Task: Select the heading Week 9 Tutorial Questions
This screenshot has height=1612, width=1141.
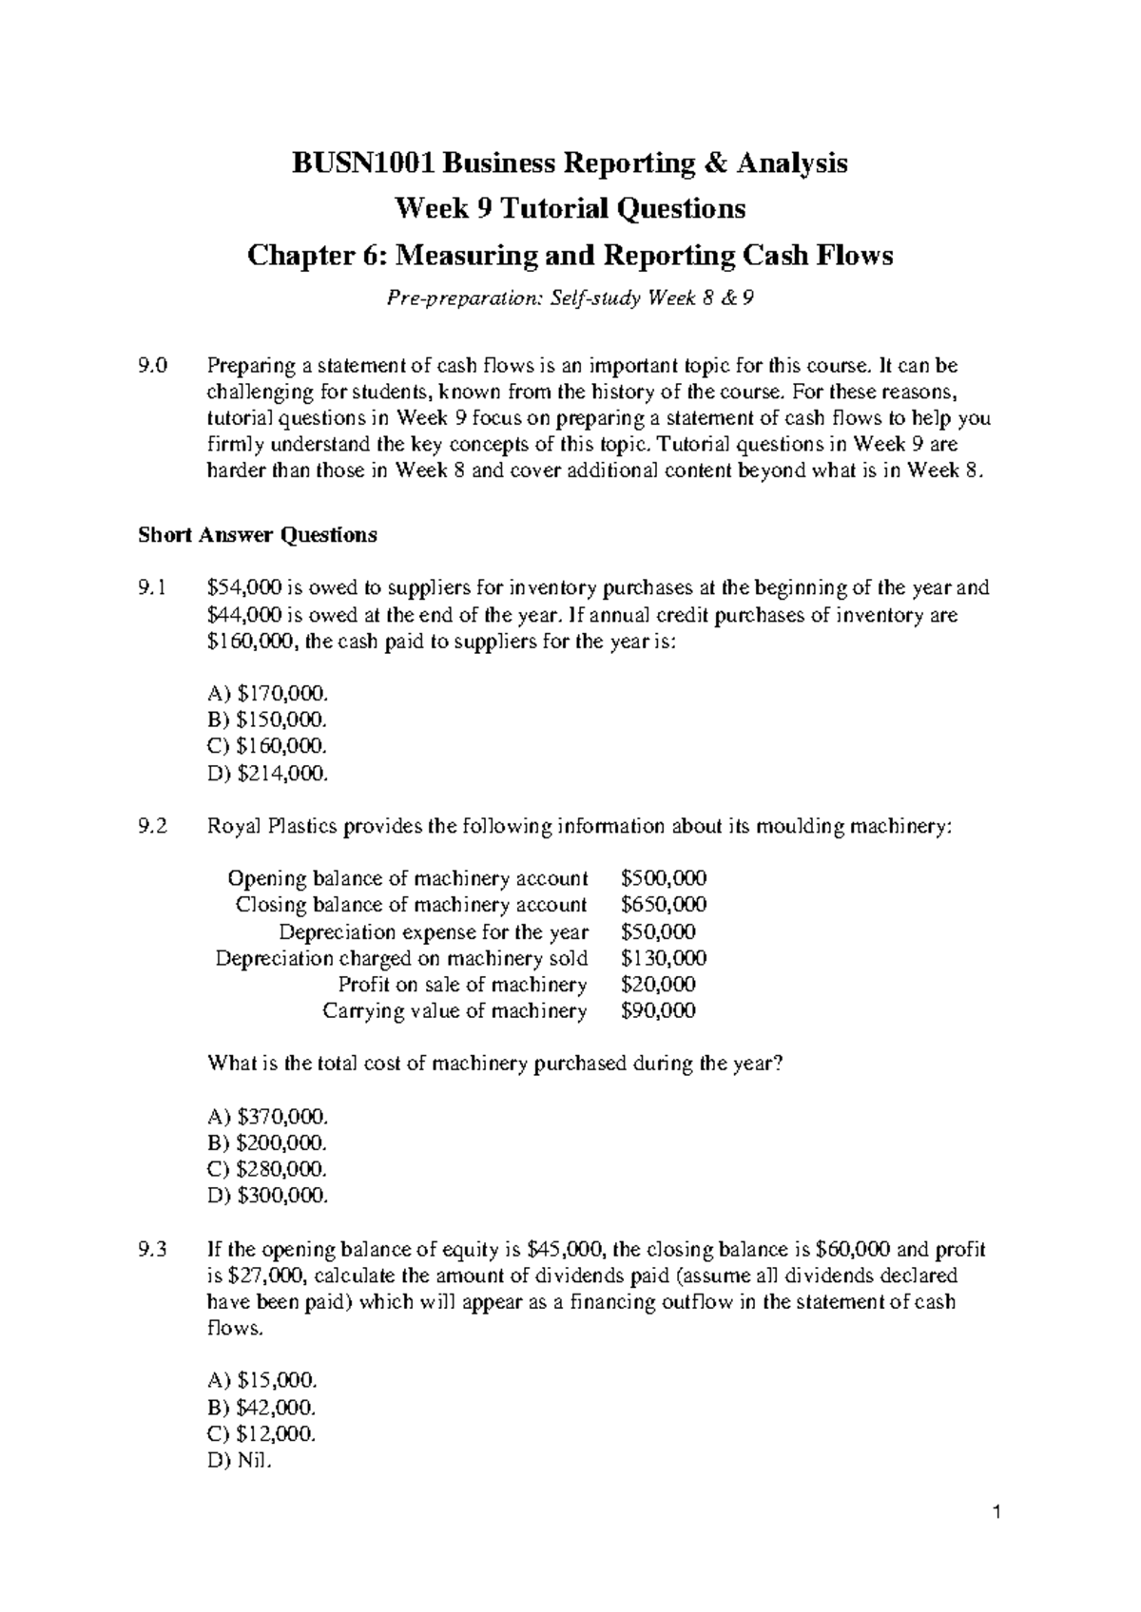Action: point(570,208)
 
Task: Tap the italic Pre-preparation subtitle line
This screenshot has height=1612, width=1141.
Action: point(570,299)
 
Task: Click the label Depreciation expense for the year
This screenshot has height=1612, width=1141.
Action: point(433,931)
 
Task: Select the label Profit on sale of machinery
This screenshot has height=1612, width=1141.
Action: point(462,985)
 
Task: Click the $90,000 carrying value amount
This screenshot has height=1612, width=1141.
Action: point(657,1011)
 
